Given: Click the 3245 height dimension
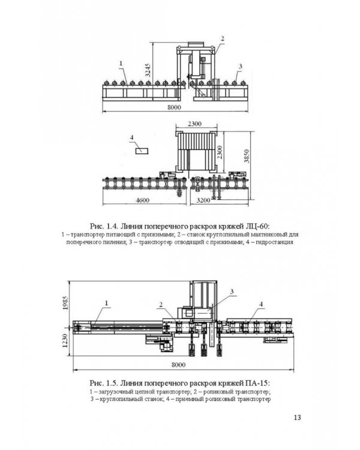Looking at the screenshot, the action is [148, 70].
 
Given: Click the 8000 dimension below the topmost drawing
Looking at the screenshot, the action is [174, 107].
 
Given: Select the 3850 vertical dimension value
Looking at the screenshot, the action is [247, 156].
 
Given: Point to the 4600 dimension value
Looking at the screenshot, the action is [142, 200].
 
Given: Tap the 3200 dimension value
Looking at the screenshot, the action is [203, 200].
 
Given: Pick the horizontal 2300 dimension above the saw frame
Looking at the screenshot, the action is [194, 124].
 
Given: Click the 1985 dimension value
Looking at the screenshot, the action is [65, 303].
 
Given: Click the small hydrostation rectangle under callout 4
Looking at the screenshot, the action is [142, 151].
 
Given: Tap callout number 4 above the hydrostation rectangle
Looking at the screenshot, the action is [132, 138].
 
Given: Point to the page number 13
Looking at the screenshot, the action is [297, 417].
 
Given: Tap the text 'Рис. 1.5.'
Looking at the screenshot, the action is [104, 383].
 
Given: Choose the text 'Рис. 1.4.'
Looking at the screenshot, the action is [104, 226].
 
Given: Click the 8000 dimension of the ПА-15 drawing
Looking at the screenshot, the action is [178, 365].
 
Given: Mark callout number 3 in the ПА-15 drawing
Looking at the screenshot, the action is [232, 292].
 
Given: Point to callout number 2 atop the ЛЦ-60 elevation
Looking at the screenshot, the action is [222, 39].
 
